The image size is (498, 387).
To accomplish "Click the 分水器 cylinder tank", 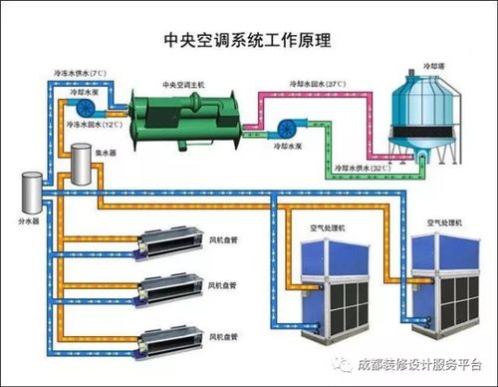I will [x=32, y=193].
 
